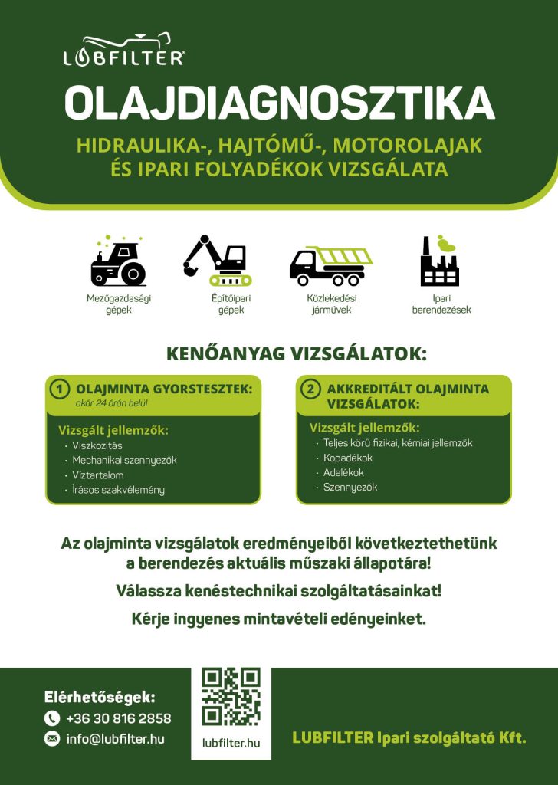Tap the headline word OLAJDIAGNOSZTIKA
(x=279, y=103)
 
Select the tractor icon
(x=118, y=261)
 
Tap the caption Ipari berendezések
(x=441, y=304)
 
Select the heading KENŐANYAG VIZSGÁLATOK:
(x=296, y=354)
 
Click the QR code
(x=231, y=696)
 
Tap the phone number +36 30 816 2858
(x=118, y=718)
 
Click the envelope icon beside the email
(x=52, y=739)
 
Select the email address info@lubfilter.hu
(x=115, y=739)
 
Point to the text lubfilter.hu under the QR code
(x=231, y=743)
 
